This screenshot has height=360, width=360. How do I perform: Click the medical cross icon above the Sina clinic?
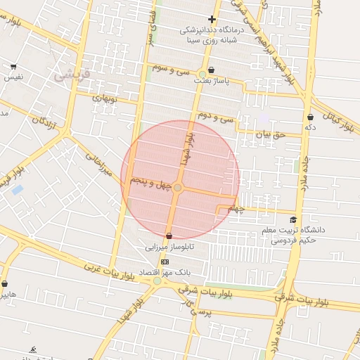(x=212, y=19)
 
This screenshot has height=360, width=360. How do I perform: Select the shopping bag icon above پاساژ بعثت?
(x=211, y=70)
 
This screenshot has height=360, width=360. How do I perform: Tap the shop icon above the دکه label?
(x=310, y=117)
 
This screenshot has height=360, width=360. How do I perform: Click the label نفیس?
(x=14, y=76)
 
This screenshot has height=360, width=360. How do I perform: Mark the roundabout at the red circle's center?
(x=178, y=188)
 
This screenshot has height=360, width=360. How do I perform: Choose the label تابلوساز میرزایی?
(x=169, y=247)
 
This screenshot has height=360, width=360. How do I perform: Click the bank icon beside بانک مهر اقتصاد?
(x=165, y=262)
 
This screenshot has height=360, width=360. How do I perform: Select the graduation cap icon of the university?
(x=293, y=219)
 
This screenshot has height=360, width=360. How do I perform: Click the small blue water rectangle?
(x=18, y=189)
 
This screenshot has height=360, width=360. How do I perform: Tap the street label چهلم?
(x=236, y=209)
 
